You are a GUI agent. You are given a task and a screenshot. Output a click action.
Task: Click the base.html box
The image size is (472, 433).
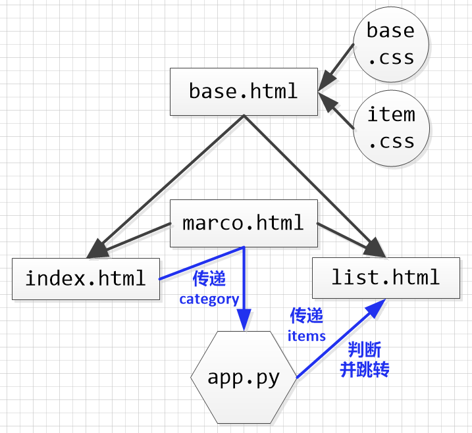(244, 91)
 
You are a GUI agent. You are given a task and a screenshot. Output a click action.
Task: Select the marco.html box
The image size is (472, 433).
(244, 223)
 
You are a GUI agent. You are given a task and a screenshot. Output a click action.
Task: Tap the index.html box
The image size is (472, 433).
(86, 278)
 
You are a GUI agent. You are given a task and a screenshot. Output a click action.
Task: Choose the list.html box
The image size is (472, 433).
(386, 277)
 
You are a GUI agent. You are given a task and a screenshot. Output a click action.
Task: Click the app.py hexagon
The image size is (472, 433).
(244, 378)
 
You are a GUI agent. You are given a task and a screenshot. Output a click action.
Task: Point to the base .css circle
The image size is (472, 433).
(391, 44)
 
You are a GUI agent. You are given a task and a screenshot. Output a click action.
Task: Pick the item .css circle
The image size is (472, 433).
(391, 128)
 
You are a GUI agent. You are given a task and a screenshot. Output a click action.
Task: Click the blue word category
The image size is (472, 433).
(209, 299)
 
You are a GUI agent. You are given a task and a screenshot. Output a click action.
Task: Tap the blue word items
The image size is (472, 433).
(307, 336)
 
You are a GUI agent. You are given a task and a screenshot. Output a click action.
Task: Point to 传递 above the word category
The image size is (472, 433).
(209, 280)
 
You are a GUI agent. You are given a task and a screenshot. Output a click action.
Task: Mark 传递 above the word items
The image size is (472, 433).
(307, 317)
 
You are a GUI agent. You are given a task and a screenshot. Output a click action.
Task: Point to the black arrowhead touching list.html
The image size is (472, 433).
(376, 248)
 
